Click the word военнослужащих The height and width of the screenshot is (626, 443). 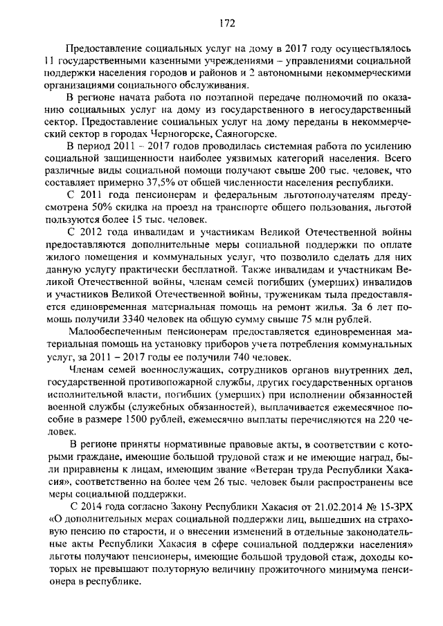coord(172,369)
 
